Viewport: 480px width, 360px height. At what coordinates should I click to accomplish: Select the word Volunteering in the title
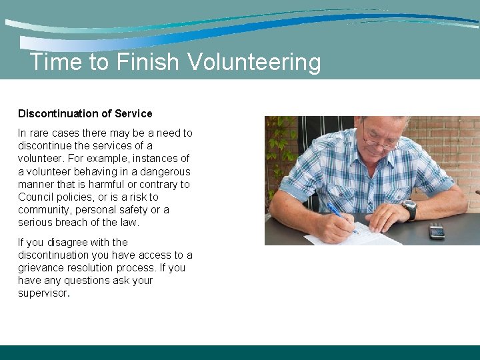coord(254,63)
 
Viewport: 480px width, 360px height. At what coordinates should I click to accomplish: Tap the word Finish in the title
coord(147,62)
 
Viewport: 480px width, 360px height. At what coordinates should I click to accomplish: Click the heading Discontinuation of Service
coord(85,113)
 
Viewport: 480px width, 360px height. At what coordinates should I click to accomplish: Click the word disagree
coord(69,243)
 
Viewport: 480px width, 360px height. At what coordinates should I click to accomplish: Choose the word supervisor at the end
coord(43,293)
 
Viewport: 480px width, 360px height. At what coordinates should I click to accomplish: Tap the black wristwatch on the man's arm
coord(409,209)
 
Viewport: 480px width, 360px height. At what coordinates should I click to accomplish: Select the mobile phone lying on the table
coord(436,231)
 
